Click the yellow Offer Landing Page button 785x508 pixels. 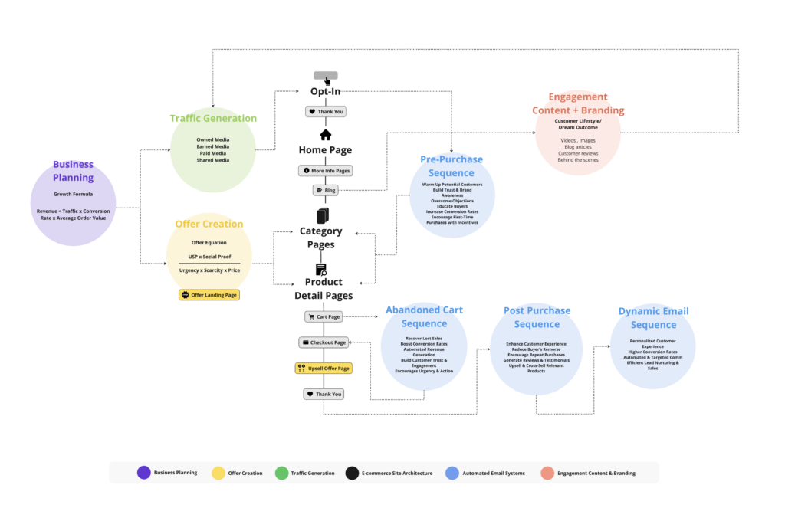[x=209, y=295]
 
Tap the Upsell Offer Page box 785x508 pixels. [x=324, y=369]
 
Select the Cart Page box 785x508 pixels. [x=324, y=316]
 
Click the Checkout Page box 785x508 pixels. [x=324, y=342]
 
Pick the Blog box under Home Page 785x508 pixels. [x=325, y=190]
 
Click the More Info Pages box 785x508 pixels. [x=325, y=171]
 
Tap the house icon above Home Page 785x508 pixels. [x=326, y=136]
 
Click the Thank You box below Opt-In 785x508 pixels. [x=325, y=111]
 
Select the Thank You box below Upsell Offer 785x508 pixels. [x=324, y=394]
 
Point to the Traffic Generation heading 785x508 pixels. [x=213, y=118]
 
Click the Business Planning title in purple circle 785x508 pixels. [x=73, y=171]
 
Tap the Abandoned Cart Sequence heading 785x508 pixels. [x=424, y=316]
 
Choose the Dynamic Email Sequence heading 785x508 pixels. [x=653, y=318]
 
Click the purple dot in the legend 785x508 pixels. [x=143, y=473]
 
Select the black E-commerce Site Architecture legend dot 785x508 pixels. [x=353, y=473]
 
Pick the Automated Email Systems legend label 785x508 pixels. [x=493, y=474]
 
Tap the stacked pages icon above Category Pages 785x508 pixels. [x=323, y=215]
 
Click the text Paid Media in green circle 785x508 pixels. [x=212, y=153]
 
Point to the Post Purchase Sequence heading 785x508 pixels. [x=537, y=317]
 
